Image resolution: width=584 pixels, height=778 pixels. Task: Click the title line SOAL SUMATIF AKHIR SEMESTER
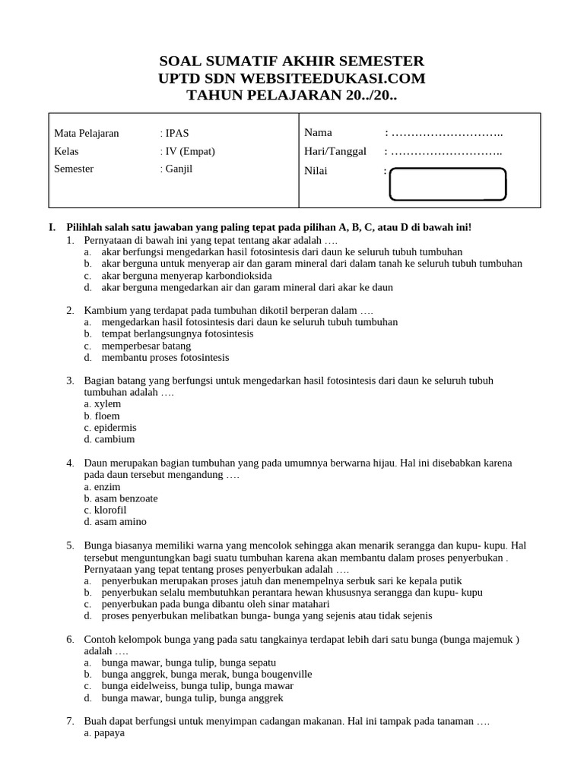click(x=292, y=61)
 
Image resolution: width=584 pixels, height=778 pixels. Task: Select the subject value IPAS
click(x=176, y=133)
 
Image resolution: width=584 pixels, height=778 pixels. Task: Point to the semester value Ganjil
click(x=179, y=169)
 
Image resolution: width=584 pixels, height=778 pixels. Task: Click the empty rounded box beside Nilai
click(x=447, y=185)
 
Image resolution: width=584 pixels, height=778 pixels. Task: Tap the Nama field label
click(x=319, y=133)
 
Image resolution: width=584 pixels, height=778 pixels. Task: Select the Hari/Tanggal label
click(x=335, y=151)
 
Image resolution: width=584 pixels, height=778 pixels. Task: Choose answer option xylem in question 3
click(x=103, y=404)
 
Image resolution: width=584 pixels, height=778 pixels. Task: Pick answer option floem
click(x=103, y=416)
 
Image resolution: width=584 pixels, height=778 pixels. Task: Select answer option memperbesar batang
click(x=146, y=346)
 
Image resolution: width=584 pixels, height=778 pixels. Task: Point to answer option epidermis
click(x=110, y=428)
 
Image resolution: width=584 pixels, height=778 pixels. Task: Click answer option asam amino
click(x=116, y=522)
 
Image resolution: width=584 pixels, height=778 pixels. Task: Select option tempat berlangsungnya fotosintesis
click(x=177, y=334)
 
